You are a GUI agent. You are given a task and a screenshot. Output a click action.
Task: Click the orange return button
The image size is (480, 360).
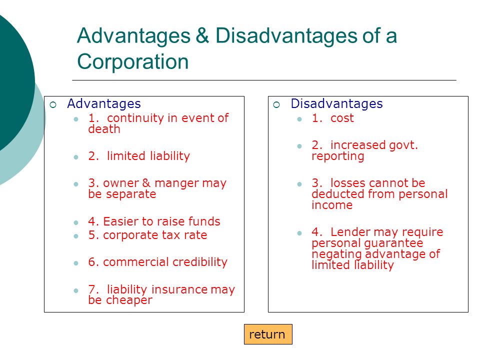tap(268, 334)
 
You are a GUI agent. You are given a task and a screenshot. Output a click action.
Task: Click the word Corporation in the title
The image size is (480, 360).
tap(133, 61)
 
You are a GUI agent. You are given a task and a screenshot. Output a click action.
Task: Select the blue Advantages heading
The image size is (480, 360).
tap(104, 103)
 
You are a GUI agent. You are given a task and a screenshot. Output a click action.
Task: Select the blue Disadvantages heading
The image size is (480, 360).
tap(336, 103)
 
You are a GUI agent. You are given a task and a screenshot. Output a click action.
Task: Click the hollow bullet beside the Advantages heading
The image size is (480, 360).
tap(53, 104)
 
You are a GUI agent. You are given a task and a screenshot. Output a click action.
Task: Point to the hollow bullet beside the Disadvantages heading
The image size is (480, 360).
tap(276, 104)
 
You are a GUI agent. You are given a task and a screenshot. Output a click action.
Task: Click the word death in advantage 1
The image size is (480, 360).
tap(104, 129)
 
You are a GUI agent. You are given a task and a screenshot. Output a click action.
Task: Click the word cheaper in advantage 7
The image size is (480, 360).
tap(129, 300)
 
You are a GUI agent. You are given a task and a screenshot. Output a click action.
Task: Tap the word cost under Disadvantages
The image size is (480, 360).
tap(342, 118)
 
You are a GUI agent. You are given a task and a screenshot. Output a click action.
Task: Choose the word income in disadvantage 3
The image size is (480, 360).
tap(332, 205)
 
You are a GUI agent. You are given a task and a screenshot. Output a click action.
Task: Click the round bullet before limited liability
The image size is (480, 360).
tap(76, 157)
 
